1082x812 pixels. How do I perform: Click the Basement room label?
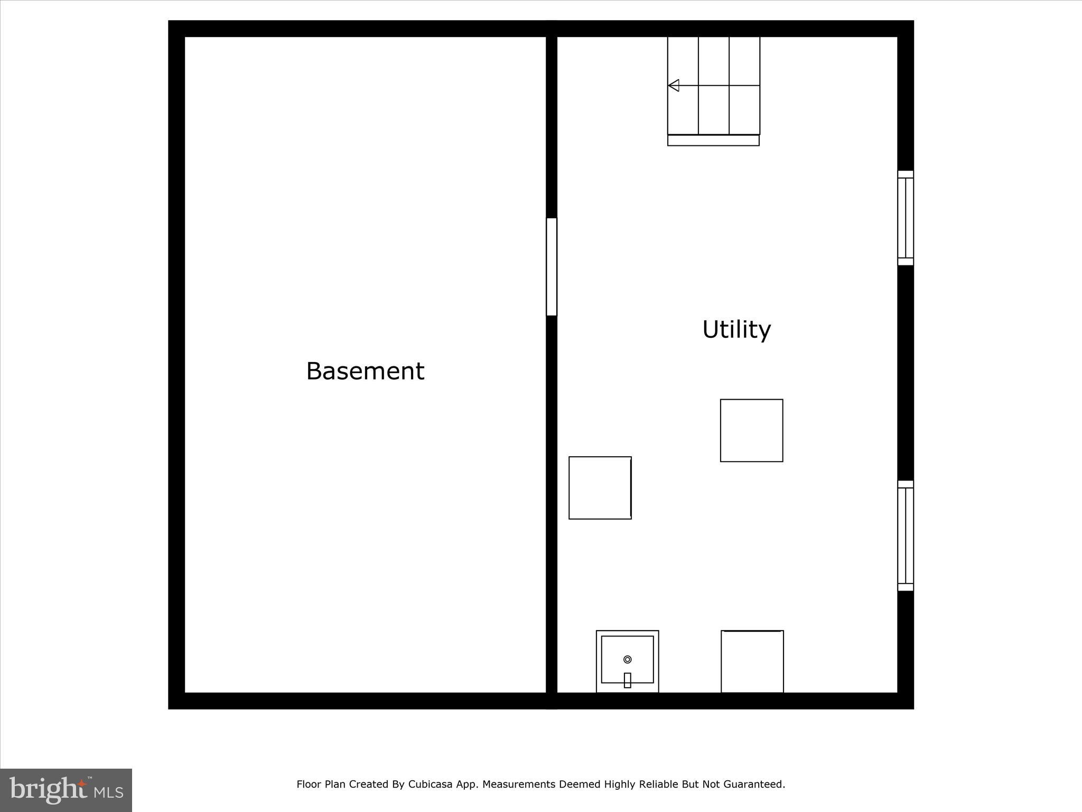pos(365,371)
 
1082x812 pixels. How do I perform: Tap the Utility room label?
pos(736,329)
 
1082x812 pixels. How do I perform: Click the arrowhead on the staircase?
pos(674,85)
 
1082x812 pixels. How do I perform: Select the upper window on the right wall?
pos(906,218)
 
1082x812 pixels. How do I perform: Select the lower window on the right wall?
pos(906,536)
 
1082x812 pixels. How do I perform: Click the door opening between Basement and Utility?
pos(552,267)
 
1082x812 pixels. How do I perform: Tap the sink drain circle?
pos(628,659)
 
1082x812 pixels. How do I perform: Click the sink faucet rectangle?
pos(628,680)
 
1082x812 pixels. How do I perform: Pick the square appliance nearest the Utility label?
pos(751,430)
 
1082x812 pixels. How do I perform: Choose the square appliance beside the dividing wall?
pos(600,488)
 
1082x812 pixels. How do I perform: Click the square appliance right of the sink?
pos(752,661)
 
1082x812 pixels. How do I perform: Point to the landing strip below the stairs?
pos(713,141)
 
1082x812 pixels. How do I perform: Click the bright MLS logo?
pos(66,790)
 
